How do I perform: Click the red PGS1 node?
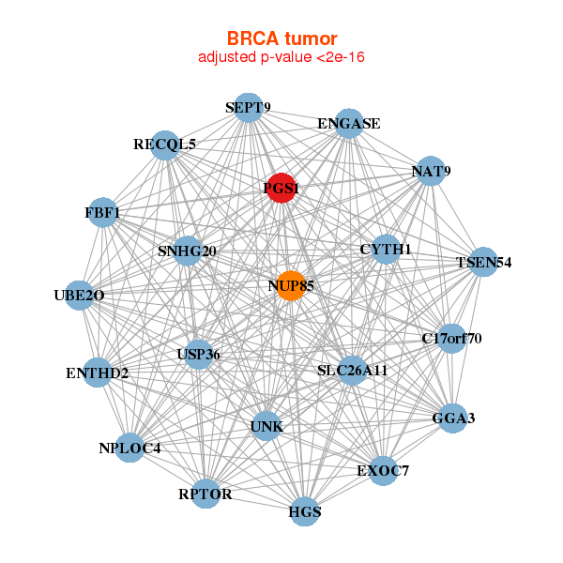click(281, 189)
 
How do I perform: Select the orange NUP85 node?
click(291, 285)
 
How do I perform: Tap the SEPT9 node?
click(248, 108)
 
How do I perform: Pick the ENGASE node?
click(349, 124)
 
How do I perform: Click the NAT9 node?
click(431, 172)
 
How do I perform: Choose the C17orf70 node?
click(451, 338)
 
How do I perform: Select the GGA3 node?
click(453, 418)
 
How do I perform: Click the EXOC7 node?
click(383, 470)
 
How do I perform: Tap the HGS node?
click(305, 512)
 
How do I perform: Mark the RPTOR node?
click(205, 494)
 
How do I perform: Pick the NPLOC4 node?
click(130, 448)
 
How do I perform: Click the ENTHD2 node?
click(98, 373)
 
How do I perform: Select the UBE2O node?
click(80, 296)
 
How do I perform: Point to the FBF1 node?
click(102, 213)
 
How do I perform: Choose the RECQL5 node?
click(165, 145)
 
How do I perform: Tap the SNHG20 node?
click(188, 251)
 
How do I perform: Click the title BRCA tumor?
click(281, 38)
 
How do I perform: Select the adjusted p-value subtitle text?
click(281, 57)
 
